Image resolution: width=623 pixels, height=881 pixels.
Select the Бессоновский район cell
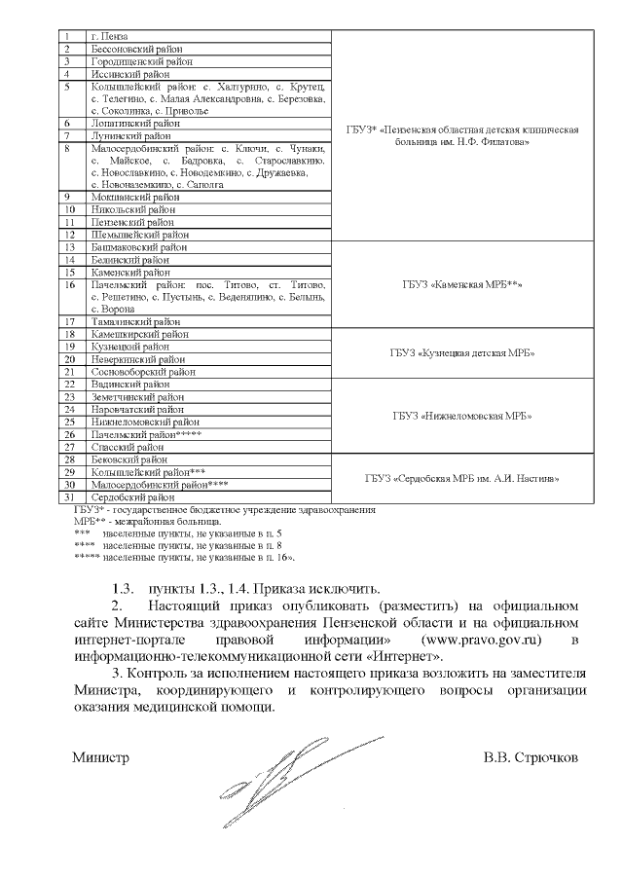(137, 48)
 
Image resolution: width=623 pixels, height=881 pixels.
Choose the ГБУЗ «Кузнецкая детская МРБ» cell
(463, 352)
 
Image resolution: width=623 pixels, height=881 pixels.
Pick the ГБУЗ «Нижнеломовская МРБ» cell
(463, 416)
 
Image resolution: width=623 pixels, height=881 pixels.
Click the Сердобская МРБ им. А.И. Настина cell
(463, 478)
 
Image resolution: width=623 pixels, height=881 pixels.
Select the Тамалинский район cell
(136, 321)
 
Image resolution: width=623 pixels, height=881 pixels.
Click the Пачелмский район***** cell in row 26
(146, 434)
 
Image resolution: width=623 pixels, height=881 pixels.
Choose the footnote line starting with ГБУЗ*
(223, 509)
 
